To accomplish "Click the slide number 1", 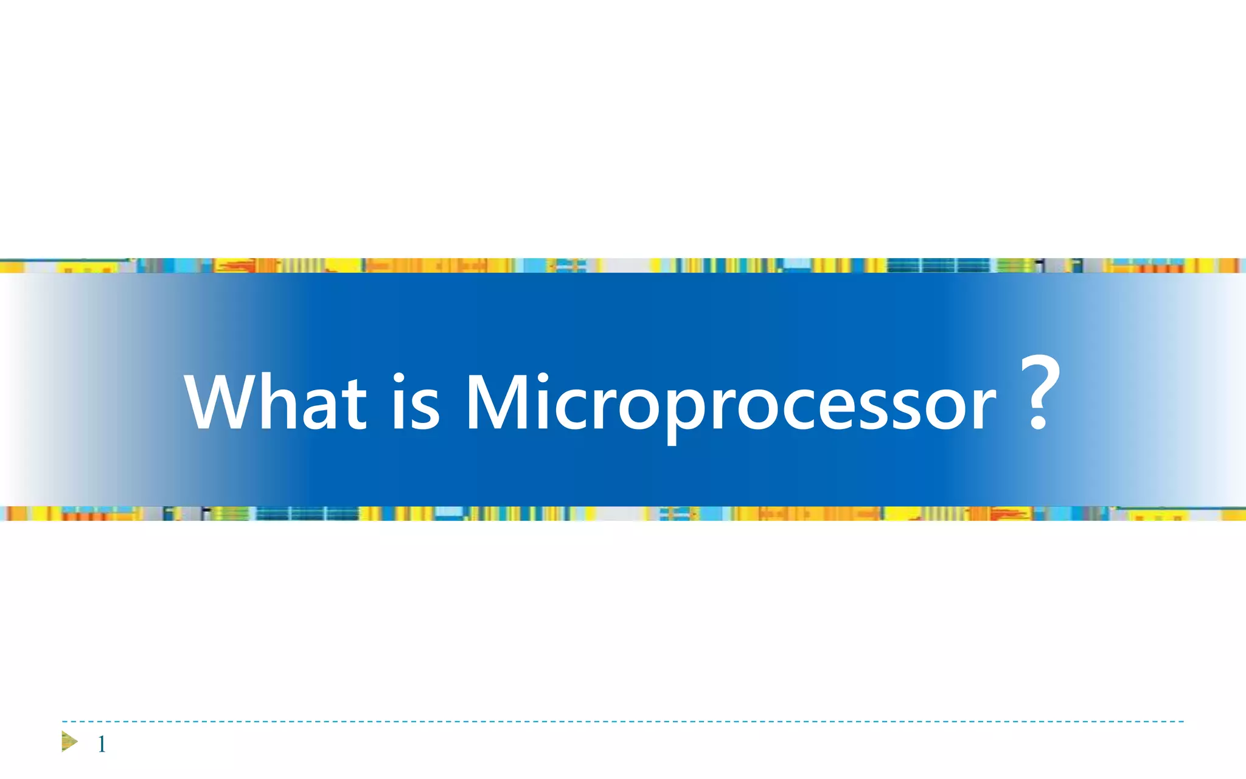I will coord(102,744).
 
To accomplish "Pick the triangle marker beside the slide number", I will coord(69,742).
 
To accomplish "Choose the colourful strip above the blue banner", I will coord(623,265).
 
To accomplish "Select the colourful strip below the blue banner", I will coord(623,514).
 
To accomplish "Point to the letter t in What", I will coord(356,405).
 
